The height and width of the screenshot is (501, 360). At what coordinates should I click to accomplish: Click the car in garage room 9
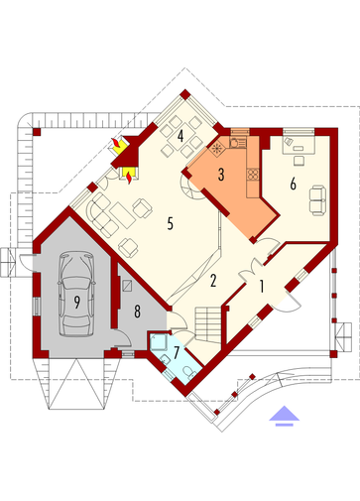[x=76, y=294]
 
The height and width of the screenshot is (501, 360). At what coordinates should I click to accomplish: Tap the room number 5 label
[x=170, y=224]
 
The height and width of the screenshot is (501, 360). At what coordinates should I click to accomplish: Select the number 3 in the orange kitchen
[x=221, y=175]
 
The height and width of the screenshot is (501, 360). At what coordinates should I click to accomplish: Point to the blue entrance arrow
[x=284, y=416]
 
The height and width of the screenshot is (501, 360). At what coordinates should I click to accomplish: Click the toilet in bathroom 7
[x=190, y=372]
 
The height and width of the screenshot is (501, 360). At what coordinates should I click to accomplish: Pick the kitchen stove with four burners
[x=254, y=174]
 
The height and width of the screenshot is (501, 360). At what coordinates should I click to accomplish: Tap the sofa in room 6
[x=317, y=200]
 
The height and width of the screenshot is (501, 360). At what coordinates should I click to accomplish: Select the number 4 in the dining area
[x=180, y=136]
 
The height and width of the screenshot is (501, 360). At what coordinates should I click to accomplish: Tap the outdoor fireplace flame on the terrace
[x=116, y=145]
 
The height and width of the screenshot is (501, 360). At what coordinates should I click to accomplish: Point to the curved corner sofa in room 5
[x=102, y=215]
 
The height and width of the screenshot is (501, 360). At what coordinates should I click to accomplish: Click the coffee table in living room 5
[x=122, y=215]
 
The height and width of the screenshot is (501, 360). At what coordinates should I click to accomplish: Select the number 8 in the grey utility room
[x=137, y=312]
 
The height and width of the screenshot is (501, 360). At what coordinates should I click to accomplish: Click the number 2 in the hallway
[x=213, y=281]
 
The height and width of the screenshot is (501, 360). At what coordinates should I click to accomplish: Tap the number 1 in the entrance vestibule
[x=262, y=287]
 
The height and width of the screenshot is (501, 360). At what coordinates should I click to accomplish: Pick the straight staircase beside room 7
[x=207, y=324]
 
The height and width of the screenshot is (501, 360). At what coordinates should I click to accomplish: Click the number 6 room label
[x=293, y=184]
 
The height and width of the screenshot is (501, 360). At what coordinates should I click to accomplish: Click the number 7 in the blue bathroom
[x=177, y=352]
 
